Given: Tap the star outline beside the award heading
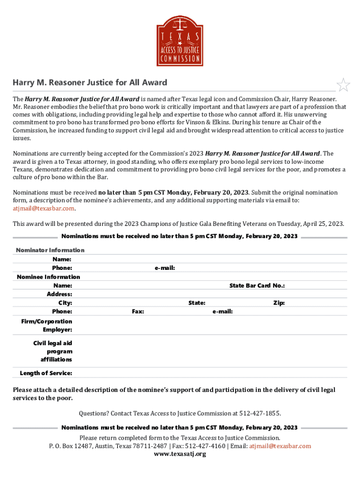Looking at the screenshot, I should click(x=344, y=85).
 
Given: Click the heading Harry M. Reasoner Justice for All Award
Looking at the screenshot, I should click(x=90, y=83).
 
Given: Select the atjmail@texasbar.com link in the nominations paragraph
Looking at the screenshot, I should click(x=43, y=208).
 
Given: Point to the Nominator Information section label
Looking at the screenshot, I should click(x=50, y=250).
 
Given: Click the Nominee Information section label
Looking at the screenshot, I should click(x=48, y=277).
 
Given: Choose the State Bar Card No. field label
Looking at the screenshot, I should click(x=257, y=285).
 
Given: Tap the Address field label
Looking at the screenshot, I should click(x=59, y=294).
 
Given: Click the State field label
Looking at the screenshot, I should click(x=196, y=303).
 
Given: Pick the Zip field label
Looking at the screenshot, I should click(x=279, y=303).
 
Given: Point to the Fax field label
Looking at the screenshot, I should click(x=137, y=312).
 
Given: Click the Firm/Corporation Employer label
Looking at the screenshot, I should click(x=46, y=326).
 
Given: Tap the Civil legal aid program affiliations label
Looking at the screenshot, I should click(x=52, y=351).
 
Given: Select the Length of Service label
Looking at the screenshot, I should click(x=46, y=373).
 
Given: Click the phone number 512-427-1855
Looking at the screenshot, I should click(x=259, y=414).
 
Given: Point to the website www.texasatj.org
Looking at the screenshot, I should click(x=180, y=454).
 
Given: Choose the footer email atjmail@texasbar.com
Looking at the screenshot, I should click(x=280, y=446).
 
